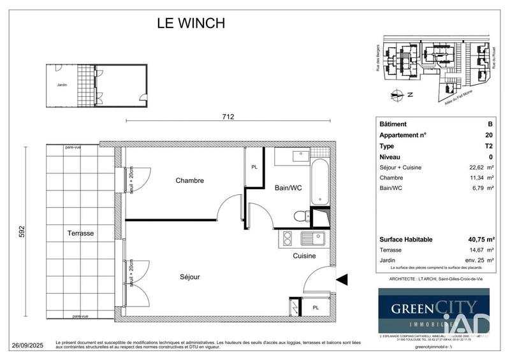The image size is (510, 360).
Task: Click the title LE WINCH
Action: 191,24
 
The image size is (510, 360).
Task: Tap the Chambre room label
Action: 189,181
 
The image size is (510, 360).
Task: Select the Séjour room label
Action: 189,277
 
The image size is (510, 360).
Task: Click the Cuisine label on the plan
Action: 305,256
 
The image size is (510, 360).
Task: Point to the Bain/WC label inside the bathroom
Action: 288,188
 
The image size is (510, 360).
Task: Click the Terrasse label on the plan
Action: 80,234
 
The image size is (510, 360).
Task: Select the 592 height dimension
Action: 21,230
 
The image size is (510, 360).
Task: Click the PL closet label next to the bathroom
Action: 254,167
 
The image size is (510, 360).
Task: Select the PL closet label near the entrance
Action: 316,308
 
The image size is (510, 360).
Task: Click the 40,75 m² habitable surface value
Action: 476,239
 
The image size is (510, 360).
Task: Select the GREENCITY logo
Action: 433,310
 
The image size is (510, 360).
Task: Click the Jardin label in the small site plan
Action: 62,85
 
